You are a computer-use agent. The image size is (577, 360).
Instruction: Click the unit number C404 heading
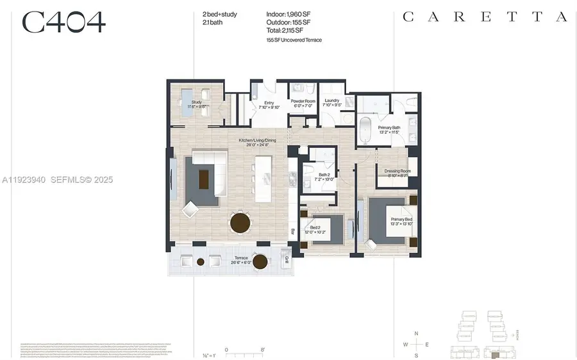pos(63,22)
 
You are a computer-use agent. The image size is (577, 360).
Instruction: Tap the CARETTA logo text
pos(485,17)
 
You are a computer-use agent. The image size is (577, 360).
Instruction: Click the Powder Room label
pos(302,102)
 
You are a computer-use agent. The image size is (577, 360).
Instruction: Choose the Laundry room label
pos(331,102)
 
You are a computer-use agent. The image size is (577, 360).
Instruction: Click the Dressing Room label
pos(397,173)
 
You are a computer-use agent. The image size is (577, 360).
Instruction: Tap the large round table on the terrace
pos(260,261)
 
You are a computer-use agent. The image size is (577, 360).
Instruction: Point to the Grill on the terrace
pos(286,259)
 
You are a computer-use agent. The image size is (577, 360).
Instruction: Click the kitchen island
pos(263,179)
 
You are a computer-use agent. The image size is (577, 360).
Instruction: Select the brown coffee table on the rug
pos(205,177)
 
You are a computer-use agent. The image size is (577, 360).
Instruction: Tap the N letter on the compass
pos(416,333)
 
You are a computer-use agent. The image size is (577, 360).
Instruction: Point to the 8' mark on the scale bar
pos(263,350)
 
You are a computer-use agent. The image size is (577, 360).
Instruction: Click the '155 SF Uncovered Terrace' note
pos(294,40)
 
